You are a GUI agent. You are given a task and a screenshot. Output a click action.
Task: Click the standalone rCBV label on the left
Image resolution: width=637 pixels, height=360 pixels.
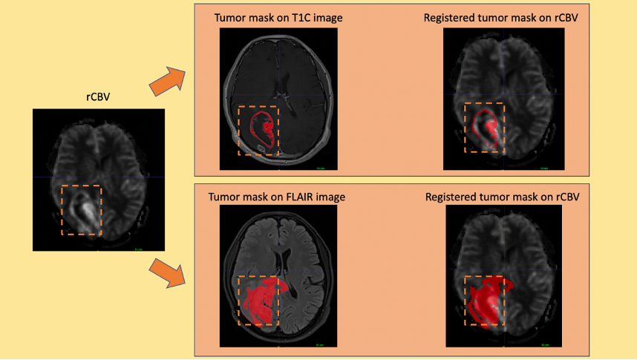(98, 96)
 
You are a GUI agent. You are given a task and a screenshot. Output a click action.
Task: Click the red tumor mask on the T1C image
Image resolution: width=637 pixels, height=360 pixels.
(268, 134)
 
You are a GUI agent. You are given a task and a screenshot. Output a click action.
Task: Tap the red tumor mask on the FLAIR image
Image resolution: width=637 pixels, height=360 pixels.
(259, 301)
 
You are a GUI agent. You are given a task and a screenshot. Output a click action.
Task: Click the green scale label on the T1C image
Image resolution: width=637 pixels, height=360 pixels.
(320, 169)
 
